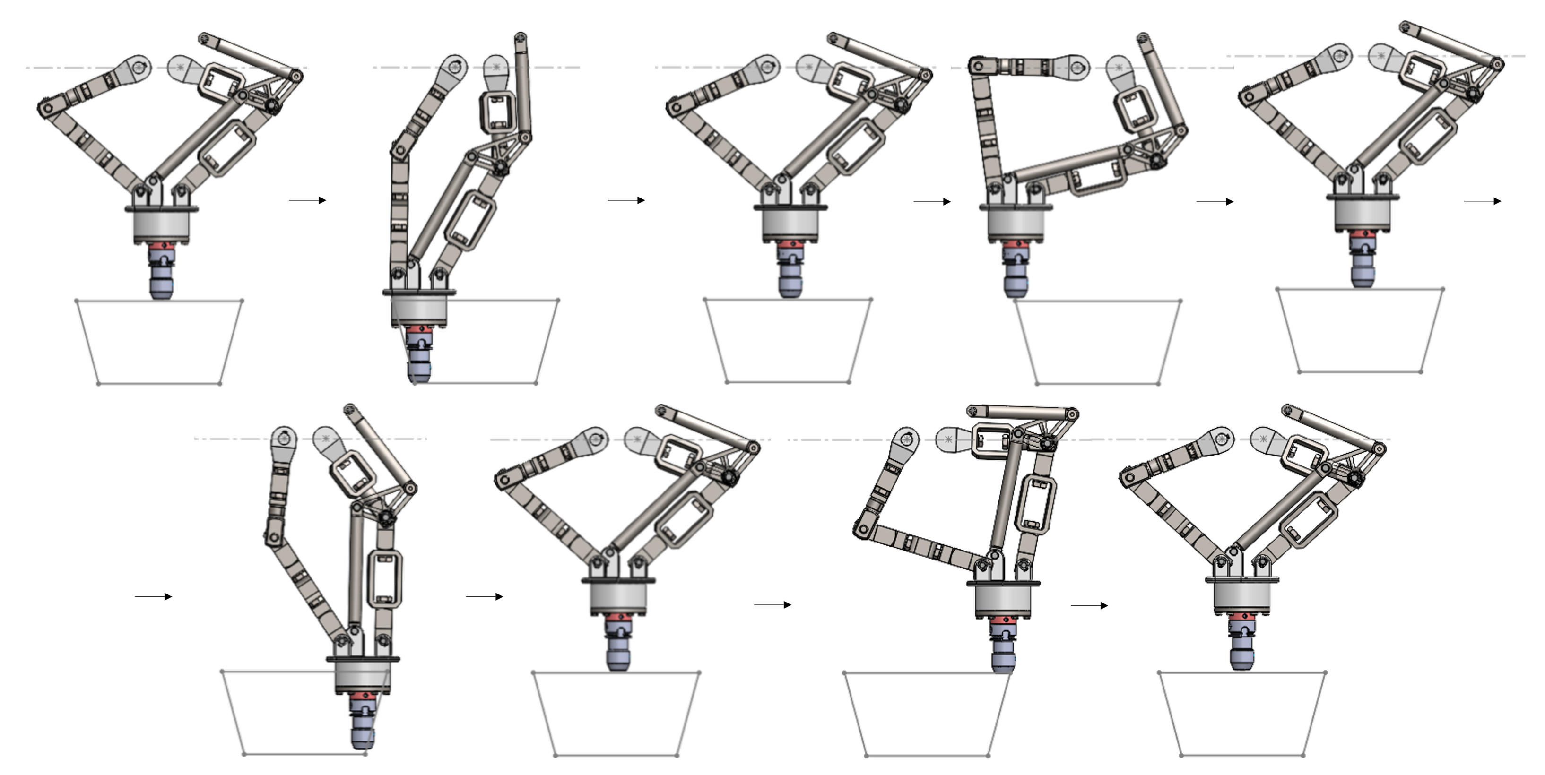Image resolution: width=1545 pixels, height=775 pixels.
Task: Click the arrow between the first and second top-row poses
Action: click(307, 200)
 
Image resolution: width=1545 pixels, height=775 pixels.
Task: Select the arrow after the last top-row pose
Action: click(1483, 201)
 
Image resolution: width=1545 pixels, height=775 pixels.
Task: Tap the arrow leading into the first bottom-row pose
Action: click(153, 596)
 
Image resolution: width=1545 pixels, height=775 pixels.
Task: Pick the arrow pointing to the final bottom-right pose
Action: click(1089, 605)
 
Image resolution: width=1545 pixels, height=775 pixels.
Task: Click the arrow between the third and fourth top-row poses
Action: click(931, 202)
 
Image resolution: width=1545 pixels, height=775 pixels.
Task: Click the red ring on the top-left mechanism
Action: click(161, 246)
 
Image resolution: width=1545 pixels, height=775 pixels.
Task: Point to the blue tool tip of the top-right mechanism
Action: click(1362, 276)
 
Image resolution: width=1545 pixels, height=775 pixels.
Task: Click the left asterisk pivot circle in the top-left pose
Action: click(140, 67)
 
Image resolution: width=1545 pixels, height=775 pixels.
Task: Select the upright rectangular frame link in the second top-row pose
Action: click(497, 112)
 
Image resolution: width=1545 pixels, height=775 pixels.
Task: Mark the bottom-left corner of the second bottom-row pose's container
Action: click(555, 755)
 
